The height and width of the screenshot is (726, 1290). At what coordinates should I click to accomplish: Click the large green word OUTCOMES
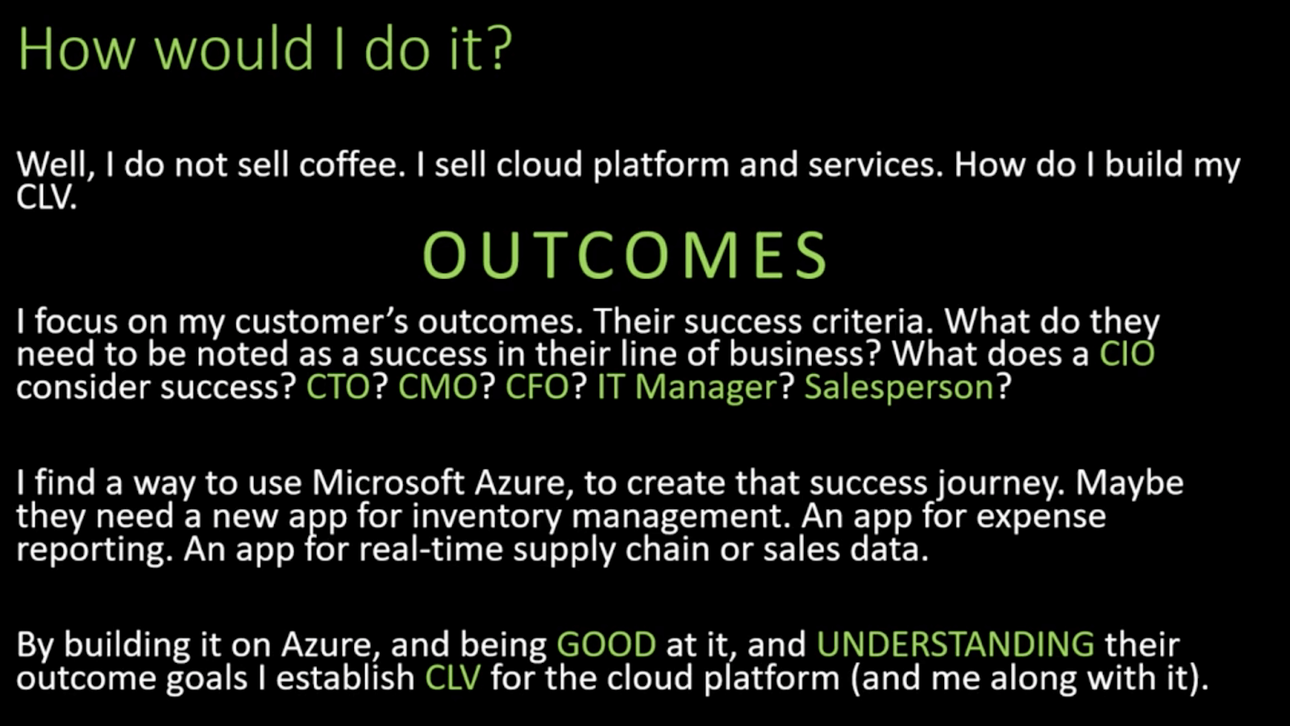tap(626, 256)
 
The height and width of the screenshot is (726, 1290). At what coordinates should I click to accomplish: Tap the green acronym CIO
tap(1127, 354)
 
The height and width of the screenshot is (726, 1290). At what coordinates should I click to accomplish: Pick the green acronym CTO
tap(338, 387)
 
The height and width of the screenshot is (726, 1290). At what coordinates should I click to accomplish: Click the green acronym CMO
tap(439, 387)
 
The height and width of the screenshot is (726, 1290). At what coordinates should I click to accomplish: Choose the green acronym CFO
tap(538, 387)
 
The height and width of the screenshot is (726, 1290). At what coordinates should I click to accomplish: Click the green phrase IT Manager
tap(687, 388)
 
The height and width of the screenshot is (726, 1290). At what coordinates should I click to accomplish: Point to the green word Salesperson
tap(899, 388)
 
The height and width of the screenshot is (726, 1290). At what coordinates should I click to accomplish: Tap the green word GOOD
tap(606, 645)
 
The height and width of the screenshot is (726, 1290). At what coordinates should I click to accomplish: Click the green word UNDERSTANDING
tap(955, 645)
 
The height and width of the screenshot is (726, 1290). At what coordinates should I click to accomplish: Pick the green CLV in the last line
tap(452, 678)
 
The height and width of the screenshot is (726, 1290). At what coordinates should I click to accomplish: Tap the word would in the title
tap(234, 48)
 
